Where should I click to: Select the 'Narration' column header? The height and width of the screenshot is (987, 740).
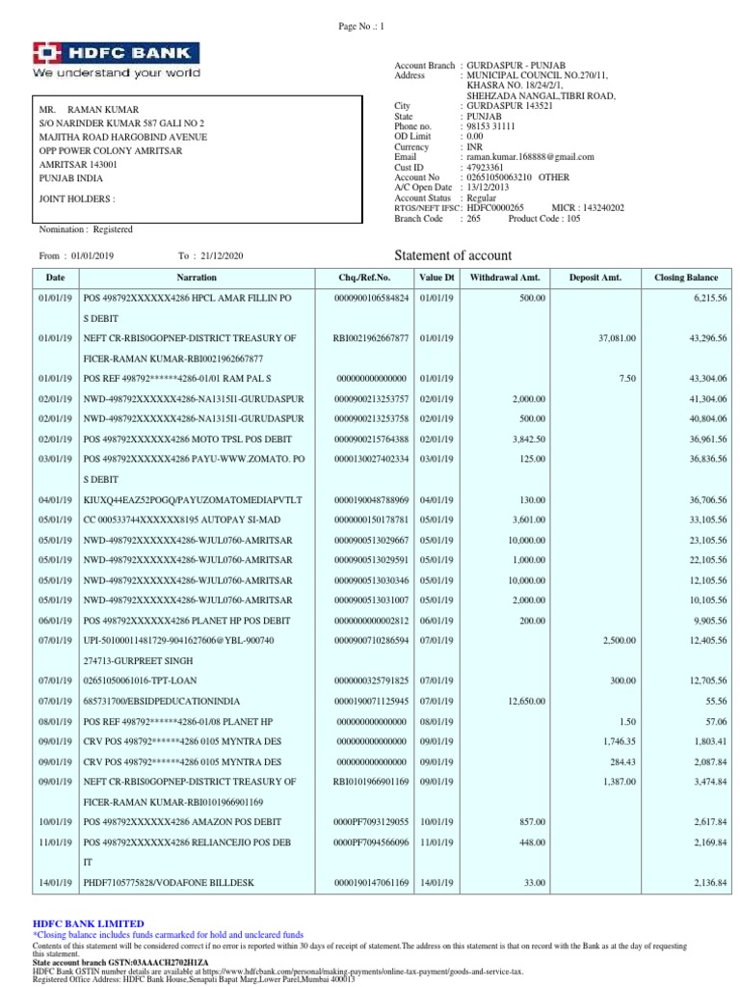pyautogui.click(x=197, y=278)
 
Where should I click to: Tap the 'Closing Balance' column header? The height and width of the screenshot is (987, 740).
pyautogui.click(x=686, y=278)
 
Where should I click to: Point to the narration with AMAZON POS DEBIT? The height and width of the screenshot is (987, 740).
pyautogui.click(x=179, y=821)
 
